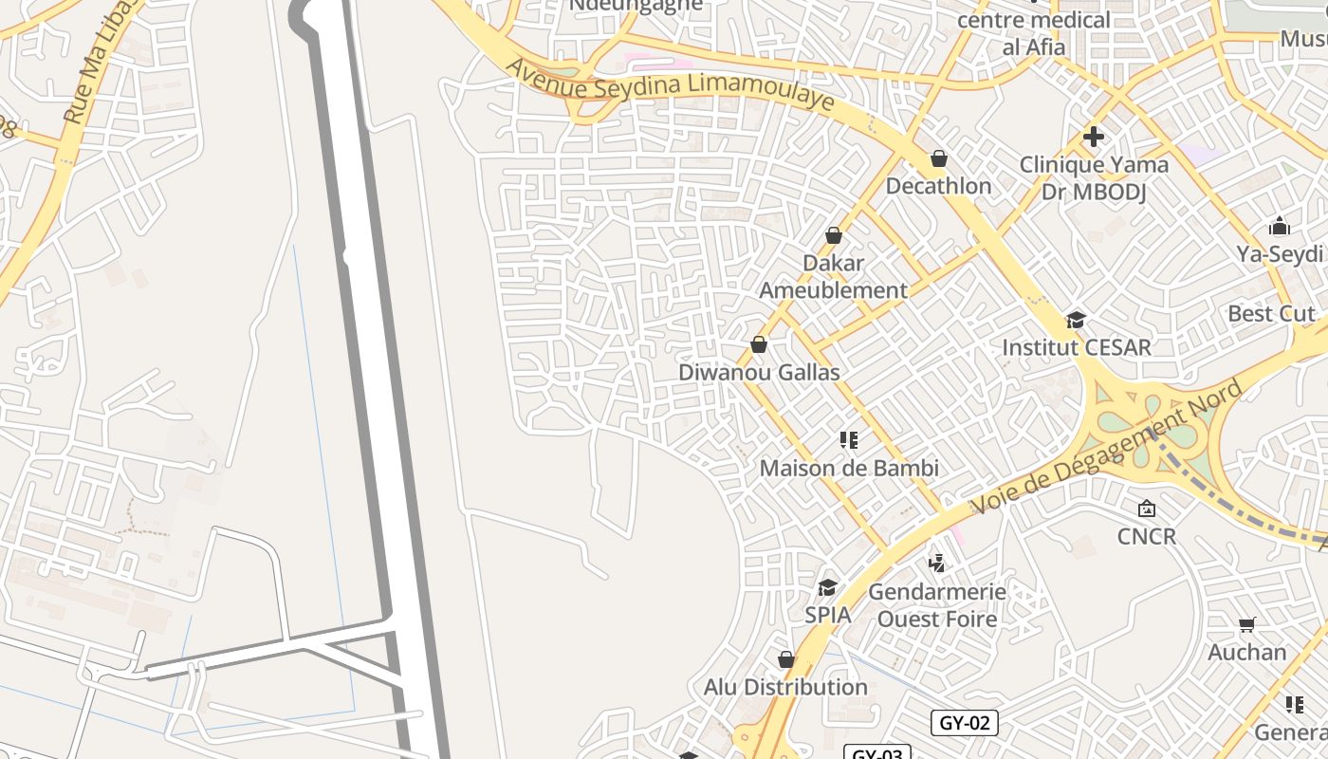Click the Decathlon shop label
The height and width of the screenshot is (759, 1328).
click(938, 186)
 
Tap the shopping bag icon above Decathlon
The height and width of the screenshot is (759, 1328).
click(938, 158)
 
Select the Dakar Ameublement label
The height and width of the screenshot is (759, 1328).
click(833, 276)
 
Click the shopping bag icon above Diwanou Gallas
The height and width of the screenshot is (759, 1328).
click(759, 344)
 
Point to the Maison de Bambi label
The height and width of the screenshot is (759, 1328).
click(849, 468)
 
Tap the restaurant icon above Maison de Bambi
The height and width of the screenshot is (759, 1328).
click(848, 440)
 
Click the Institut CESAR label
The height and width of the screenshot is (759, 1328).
click(1077, 347)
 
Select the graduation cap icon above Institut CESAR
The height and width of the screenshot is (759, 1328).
click(1076, 320)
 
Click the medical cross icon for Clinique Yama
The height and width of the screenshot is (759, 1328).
click(1094, 137)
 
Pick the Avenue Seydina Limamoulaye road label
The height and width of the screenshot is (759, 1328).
click(670, 84)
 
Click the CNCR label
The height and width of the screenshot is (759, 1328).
click(1146, 536)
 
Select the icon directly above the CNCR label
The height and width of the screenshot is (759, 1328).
click(1146, 509)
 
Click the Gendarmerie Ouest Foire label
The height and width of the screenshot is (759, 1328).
click(937, 605)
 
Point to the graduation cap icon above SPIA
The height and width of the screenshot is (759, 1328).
click(828, 587)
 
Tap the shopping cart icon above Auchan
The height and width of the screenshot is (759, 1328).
click(1246, 624)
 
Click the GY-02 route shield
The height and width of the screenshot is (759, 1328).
click(964, 723)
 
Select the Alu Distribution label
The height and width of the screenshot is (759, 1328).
click(785, 687)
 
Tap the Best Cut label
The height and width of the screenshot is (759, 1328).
click(1271, 313)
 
